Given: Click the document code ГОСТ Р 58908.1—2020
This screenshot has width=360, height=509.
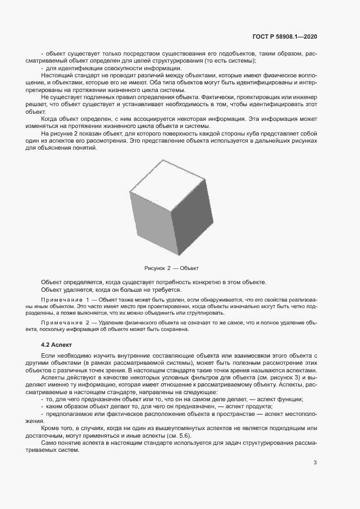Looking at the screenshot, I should coord(285,36).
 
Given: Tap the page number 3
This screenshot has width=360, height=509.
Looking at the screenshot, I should coord(315,463).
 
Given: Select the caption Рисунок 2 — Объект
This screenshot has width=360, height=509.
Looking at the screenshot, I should coord(172,268).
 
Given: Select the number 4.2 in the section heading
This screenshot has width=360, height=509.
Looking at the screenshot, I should coord(47,345).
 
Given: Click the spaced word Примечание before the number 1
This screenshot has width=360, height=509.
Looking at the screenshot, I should coord(60,300).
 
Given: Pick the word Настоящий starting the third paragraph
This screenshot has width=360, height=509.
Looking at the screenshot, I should coord(56,76).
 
